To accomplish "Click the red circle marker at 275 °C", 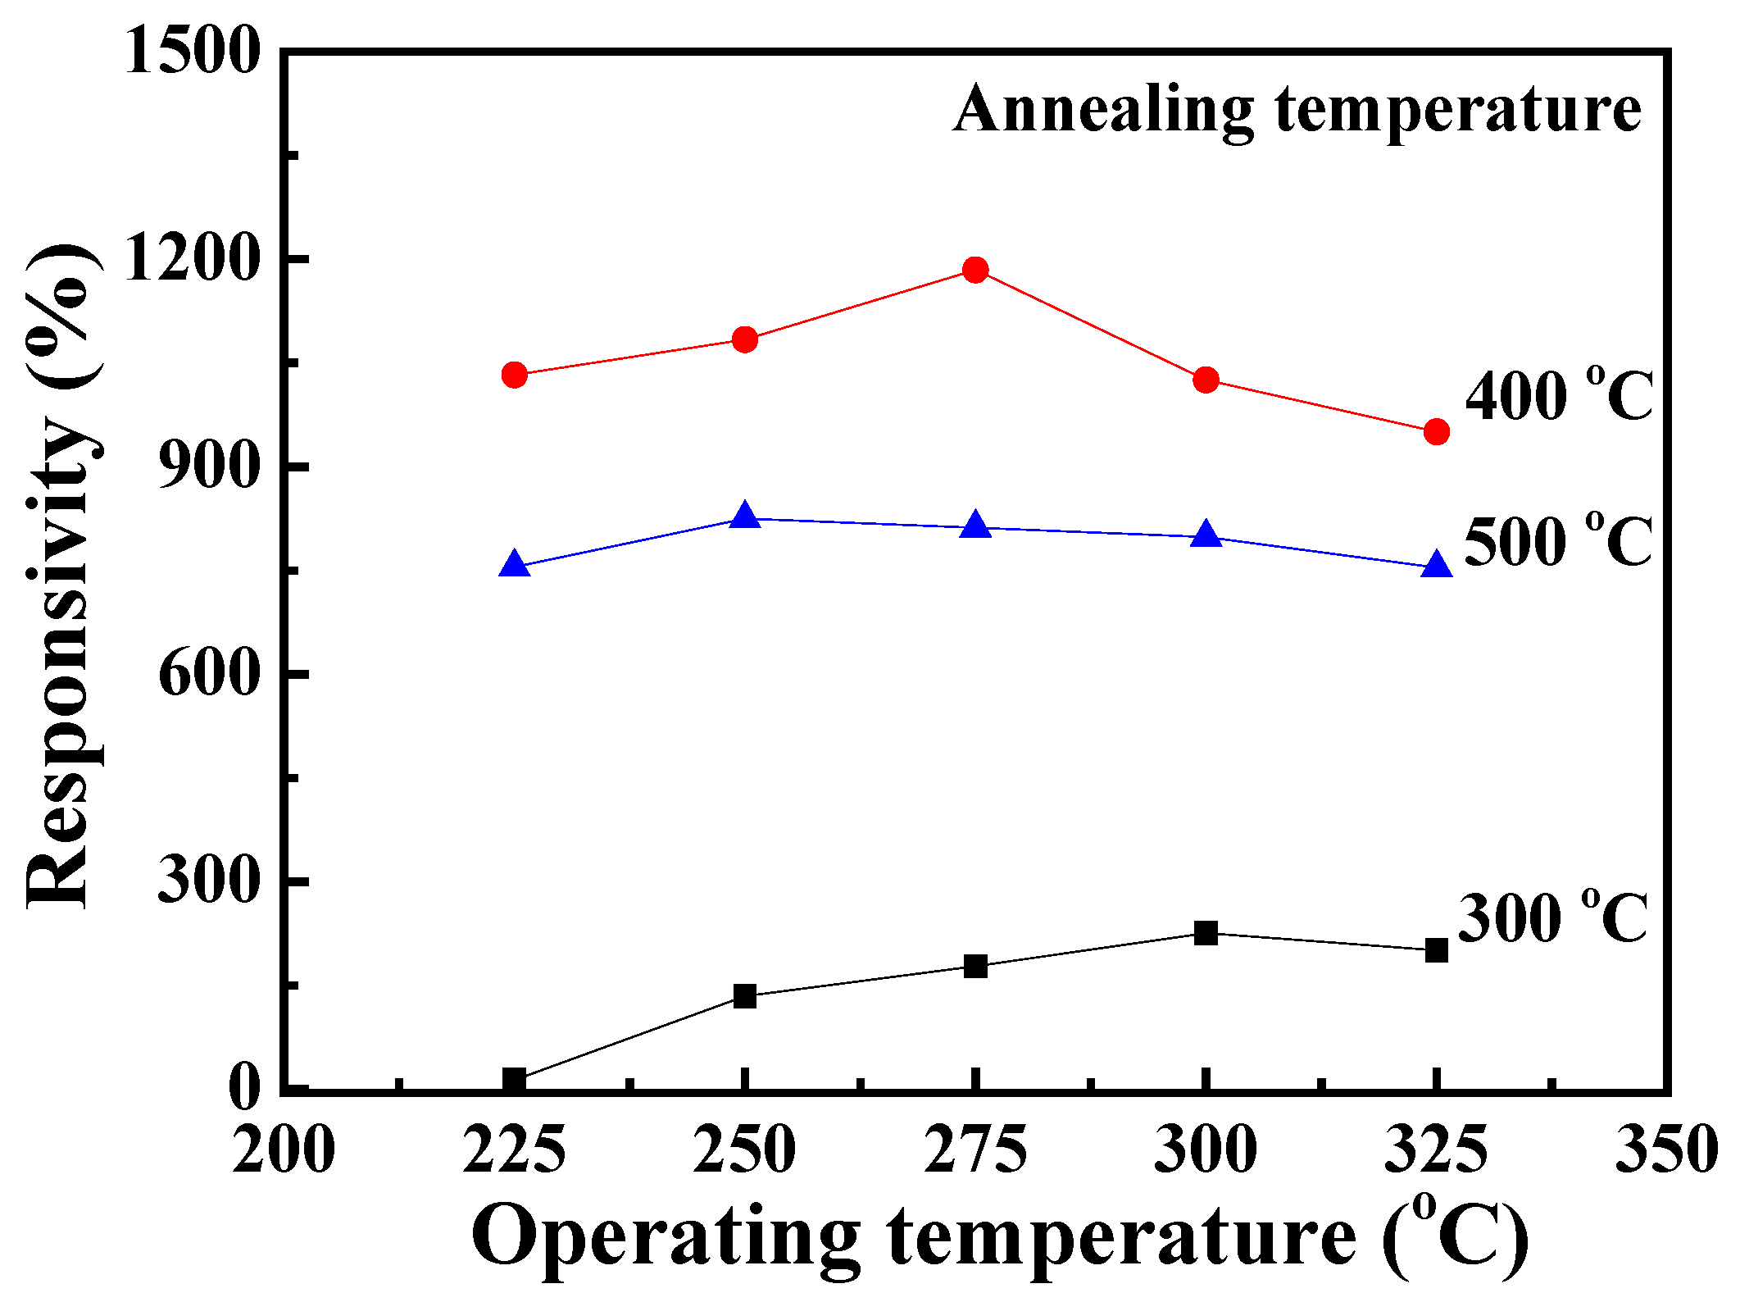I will (974, 270).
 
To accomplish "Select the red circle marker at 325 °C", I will (1436, 431).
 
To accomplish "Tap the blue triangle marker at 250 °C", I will (744, 517).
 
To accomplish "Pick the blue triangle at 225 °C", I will (514, 565).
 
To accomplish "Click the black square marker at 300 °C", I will (1206, 932).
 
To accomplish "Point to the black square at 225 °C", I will (514, 1079).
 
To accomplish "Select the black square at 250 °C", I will (744, 996).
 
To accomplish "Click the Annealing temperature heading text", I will (1297, 111).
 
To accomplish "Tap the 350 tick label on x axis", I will (1665, 1150).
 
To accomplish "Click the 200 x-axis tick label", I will (283, 1150).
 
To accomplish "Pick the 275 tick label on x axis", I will (974, 1150).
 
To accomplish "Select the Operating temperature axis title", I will (1000, 1238).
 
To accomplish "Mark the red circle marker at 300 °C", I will (1206, 380).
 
